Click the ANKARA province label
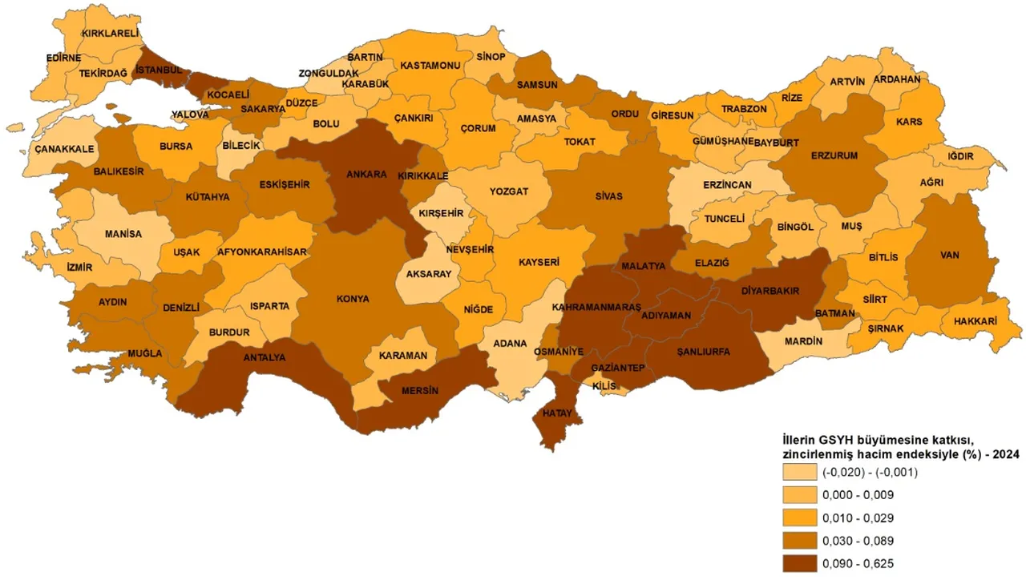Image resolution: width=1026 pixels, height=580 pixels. point(366,174)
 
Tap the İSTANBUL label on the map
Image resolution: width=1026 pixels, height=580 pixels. point(160,70)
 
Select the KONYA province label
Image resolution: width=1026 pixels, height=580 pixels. point(353,299)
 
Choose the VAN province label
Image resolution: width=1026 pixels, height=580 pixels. point(950,256)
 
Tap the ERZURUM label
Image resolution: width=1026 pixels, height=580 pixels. point(834,155)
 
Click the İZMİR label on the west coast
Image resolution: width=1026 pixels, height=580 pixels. point(80,267)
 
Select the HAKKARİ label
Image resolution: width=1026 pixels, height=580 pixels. point(975,321)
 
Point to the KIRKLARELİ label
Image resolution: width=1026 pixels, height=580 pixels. point(111,33)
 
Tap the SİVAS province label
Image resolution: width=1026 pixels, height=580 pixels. point(608,196)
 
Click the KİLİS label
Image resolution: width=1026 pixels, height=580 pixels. point(603,386)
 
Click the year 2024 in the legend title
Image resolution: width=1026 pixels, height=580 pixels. point(1005,453)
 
